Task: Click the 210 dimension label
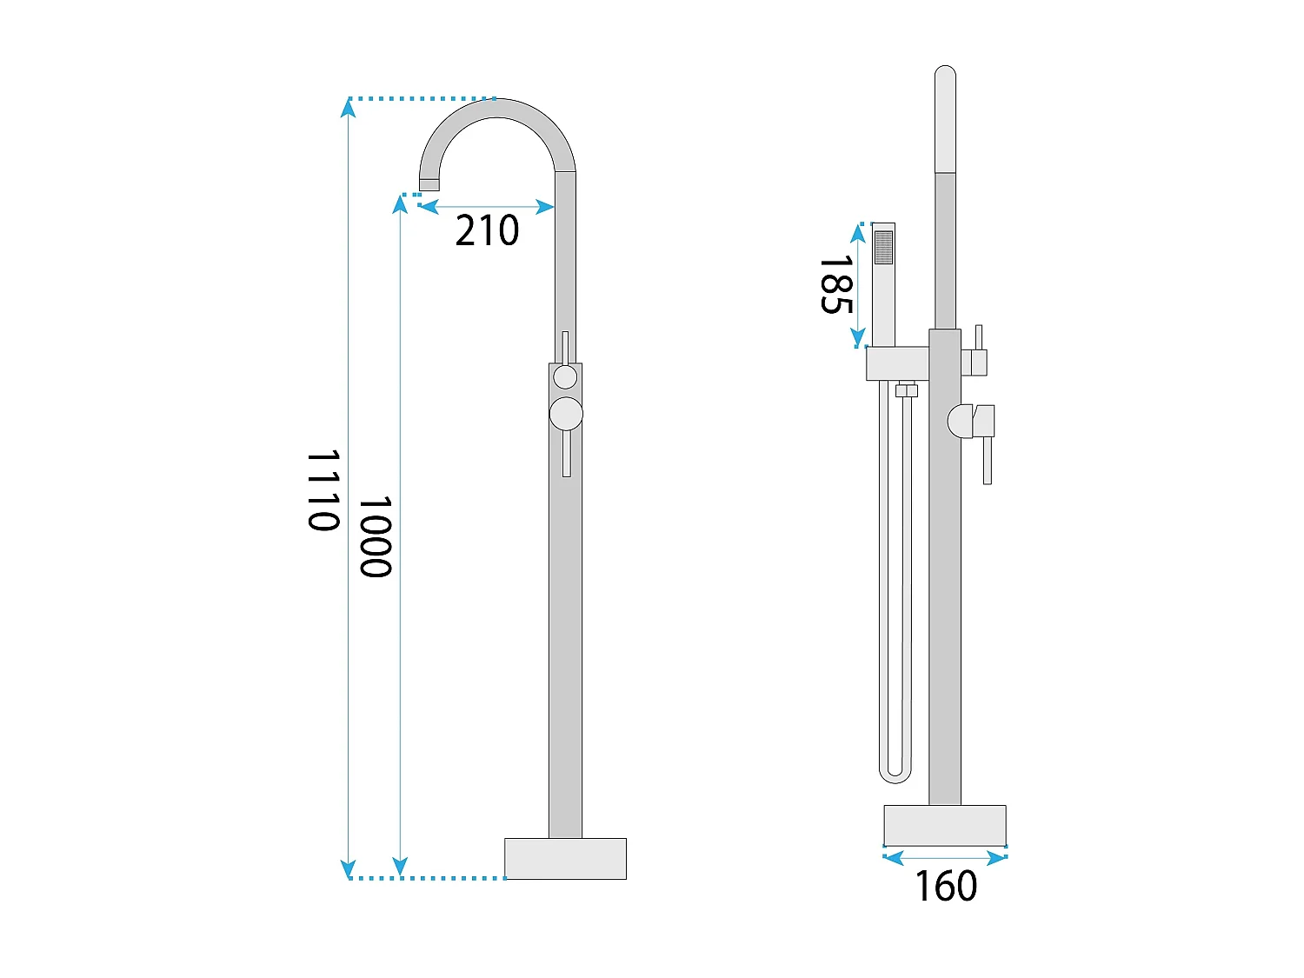[x=487, y=230]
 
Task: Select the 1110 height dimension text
[x=323, y=490]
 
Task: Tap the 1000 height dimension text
[x=376, y=536]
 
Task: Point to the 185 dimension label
[x=836, y=284]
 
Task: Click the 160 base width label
[x=946, y=887]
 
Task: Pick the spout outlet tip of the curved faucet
[x=429, y=184]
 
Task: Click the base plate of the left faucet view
[x=565, y=859]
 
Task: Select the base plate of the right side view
[x=945, y=825]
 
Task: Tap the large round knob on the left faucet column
[x=566, y=413]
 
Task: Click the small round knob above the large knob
[x=565, y=377]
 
